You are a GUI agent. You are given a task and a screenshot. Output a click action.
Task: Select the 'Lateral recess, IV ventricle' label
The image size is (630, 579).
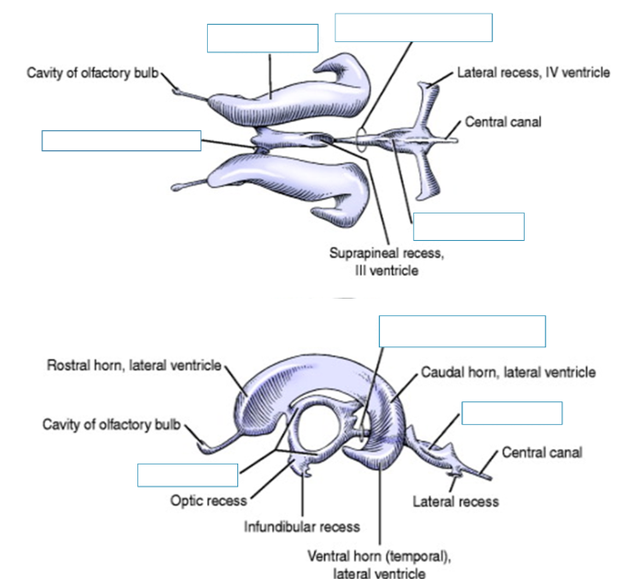(534, 71)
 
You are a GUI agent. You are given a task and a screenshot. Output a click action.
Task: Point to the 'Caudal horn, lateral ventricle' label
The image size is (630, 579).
(508, 373)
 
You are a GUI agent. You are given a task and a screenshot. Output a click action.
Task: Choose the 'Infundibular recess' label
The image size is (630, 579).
(301, 527)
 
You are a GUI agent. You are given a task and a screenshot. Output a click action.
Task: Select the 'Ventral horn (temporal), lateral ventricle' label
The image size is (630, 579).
(379, 563)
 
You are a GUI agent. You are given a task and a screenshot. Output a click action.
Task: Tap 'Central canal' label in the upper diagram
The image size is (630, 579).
(501, 121)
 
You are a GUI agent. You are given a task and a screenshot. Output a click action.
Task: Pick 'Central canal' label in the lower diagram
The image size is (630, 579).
(541, 453)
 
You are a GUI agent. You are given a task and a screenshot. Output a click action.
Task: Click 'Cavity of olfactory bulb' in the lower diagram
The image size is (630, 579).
(113, 424)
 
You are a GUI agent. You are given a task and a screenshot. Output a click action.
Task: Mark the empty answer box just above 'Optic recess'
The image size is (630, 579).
(188, 475)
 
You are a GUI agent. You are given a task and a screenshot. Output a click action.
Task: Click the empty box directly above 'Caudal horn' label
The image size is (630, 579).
(462, 331)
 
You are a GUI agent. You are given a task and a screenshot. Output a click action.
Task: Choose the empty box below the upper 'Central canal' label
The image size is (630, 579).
(468, 226)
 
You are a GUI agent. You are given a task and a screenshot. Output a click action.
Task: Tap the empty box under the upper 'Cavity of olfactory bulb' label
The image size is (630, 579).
(121, 140)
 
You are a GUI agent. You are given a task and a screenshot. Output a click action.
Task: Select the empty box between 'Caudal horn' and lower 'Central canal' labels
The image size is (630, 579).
(512, 413)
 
